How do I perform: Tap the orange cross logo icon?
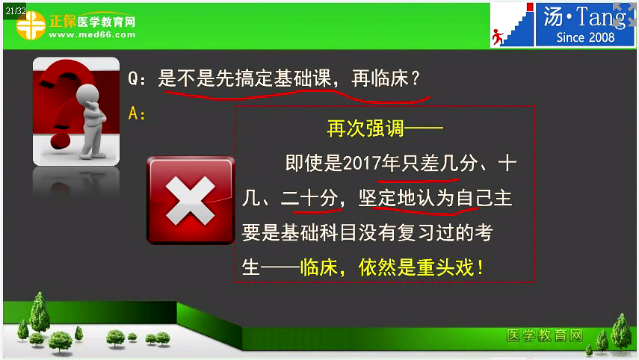pos(31,27)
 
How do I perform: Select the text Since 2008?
pos(586,37)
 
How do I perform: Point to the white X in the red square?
pos(190,201)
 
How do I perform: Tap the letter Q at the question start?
pos(135,78)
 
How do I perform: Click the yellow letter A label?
pos(135,114)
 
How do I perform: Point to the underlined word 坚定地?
pos(385,199)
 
